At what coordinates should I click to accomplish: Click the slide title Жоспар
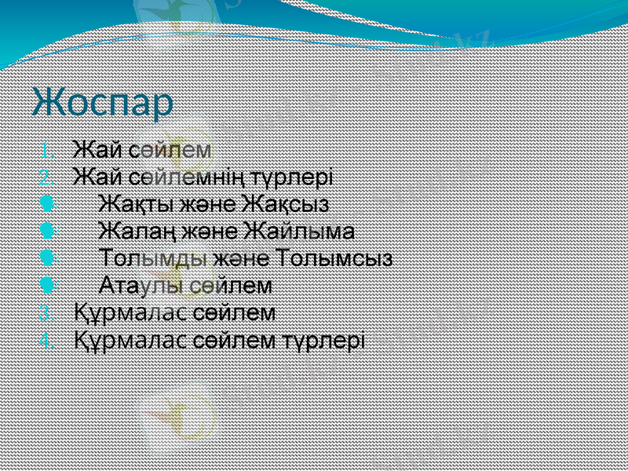coord(103,104)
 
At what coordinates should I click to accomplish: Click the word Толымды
coord(154,258)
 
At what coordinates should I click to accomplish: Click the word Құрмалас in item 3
coord(130,313)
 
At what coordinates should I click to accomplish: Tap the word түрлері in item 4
coord(329,341)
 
